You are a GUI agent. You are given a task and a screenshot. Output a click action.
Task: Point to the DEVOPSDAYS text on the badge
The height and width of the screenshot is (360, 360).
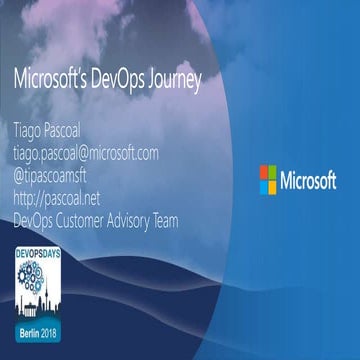click(x=40, y=256)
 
